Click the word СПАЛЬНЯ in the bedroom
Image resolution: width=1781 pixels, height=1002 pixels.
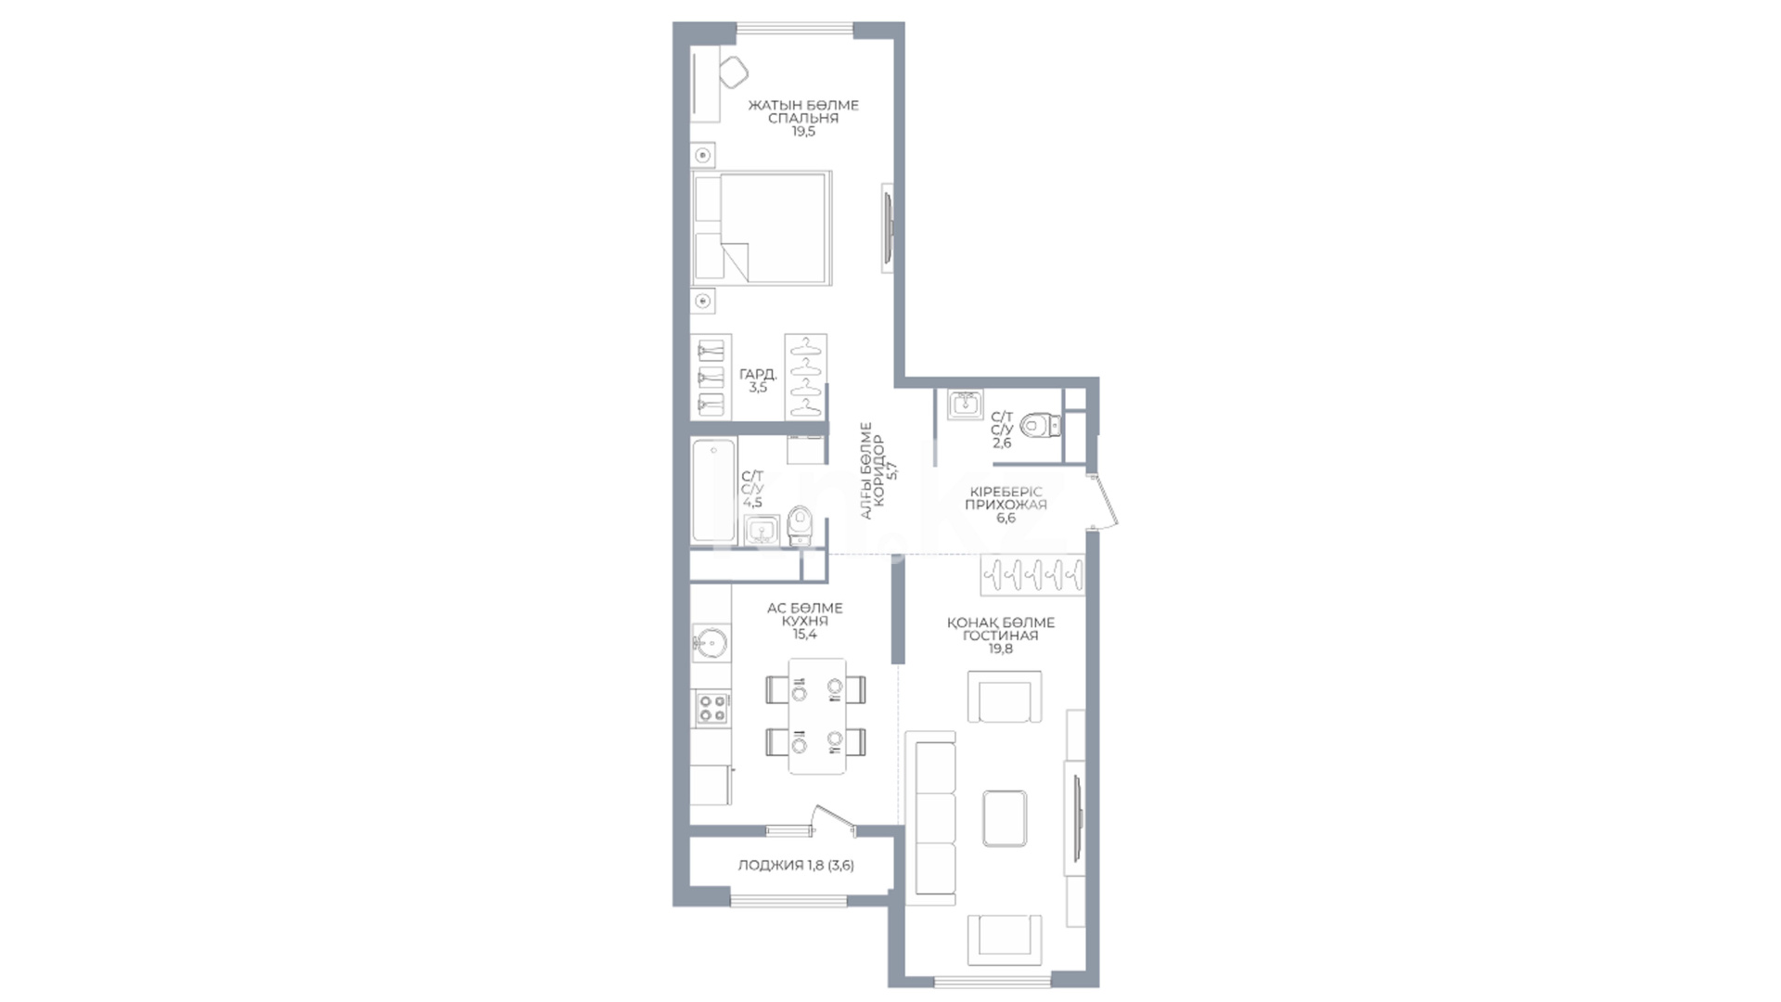pos(803,119)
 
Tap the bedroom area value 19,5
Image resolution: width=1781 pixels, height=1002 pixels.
pos(803,132)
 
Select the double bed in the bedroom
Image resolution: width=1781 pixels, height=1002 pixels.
pos(762,228)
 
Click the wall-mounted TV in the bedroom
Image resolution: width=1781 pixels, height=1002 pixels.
pos(889,228)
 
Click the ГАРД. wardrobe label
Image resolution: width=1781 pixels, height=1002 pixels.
pos(758,375)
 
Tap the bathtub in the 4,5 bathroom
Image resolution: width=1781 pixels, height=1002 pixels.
pos(713,490)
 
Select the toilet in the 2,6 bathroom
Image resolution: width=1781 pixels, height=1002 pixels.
pos(1040,426)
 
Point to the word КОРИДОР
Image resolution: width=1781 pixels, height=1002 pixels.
pos(879,471)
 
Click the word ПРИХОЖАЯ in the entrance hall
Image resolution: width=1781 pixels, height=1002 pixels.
pos(1006,505)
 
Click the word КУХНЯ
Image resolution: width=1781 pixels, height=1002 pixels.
pos(804,622)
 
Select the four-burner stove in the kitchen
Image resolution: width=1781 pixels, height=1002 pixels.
pos(711,708)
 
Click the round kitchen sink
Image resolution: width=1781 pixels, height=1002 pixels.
pos(711,642)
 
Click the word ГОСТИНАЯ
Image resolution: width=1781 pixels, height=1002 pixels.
pos(1000,636)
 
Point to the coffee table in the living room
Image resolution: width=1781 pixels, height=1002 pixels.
pos(1005,818)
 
